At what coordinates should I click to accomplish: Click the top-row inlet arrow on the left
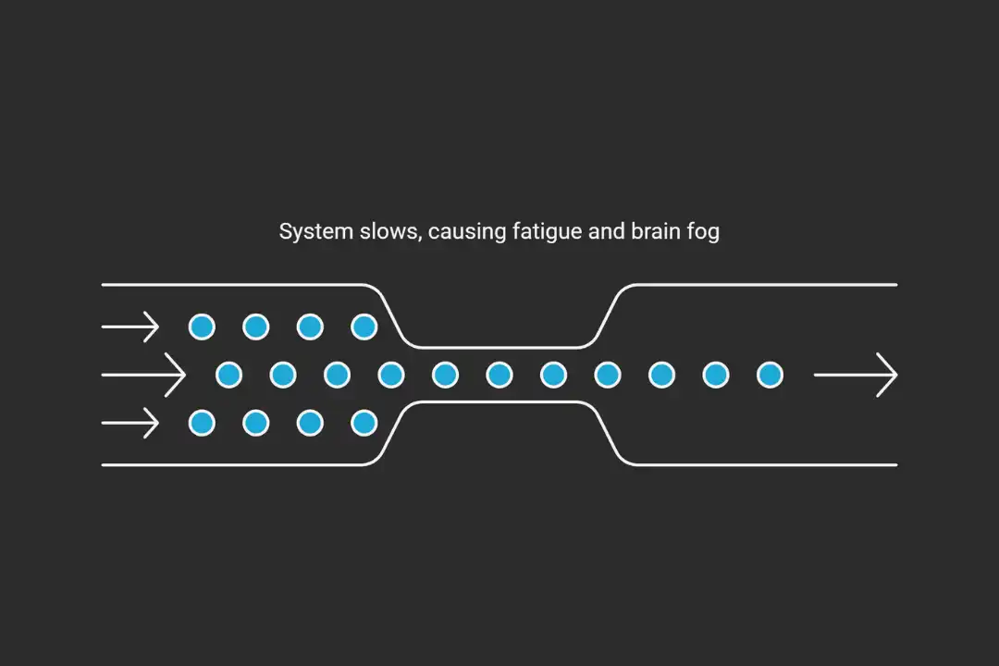pyautogui.click(x=130, y=327)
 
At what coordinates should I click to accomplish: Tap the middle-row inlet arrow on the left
pyautogui.click(x=143, y=375)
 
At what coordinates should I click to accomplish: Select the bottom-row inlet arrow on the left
pyautogui.click(x=130, y=424)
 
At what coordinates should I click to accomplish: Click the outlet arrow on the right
pyautogui.click(x=856, y=375)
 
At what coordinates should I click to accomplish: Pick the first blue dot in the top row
pyautogui.click(x=202, y=327)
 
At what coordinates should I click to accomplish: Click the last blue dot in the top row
pyautogui.click(x=364, y=327)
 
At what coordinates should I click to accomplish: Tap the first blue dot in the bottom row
pyautogui.click(x=202, y=424)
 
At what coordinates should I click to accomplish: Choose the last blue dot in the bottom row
pyautogui.click(x=364, y=424)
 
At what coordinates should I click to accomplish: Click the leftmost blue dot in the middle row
pyautogui.click(x=228, y=375)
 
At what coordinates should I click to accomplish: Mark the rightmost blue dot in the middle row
pyautogui.click(x=770, y=375)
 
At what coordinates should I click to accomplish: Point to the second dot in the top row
pyautogui.click(x=256, y=327)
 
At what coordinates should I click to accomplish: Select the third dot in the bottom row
pyautogui.click(x=310, y=424)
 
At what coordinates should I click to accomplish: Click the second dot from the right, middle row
pyautogui.click(x=716, y=375)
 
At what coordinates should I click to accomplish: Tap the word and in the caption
pyautogui.click(x=606, y=231)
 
